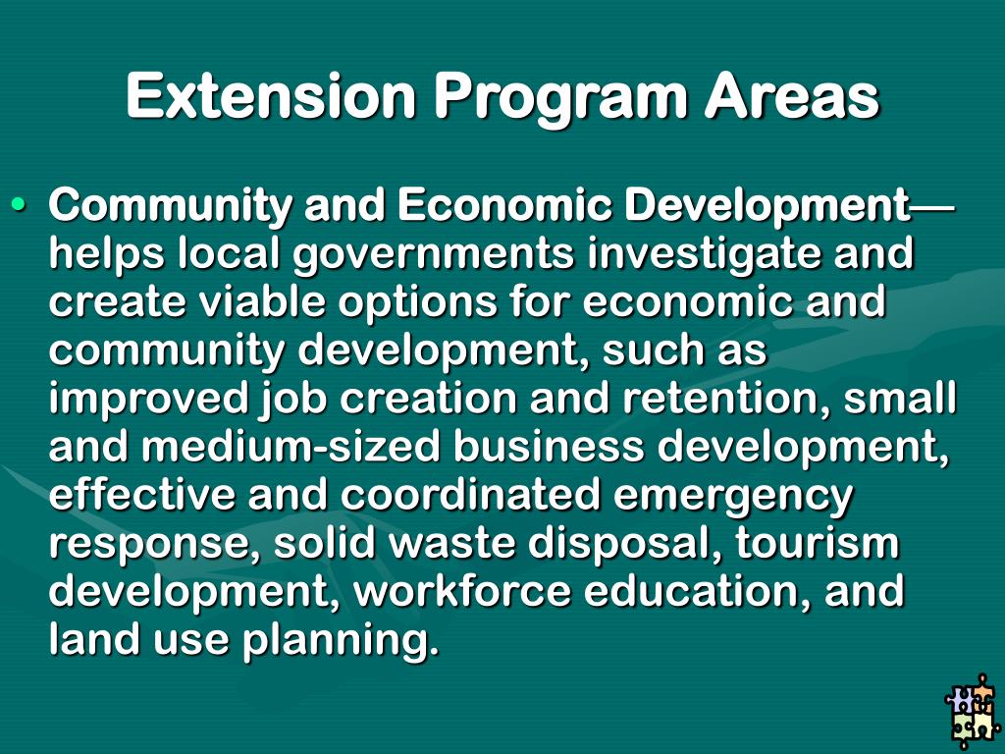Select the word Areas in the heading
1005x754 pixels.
pos(791,97)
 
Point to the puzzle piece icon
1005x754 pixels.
pos(971,712)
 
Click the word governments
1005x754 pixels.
pos(433,254)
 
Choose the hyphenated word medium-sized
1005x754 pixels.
pos(291,447)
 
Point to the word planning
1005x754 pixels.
pos(336,641)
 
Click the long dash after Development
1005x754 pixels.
pos(932,206)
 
